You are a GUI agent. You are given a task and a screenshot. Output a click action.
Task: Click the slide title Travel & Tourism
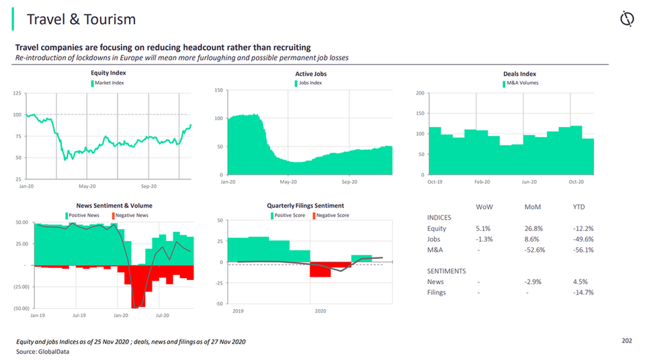click(81, 19)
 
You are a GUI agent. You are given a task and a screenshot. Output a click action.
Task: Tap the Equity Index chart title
click(108, 73)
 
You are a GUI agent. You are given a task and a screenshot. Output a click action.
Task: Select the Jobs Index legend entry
click(310, 83)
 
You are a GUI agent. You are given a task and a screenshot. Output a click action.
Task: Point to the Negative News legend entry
click(132, 215)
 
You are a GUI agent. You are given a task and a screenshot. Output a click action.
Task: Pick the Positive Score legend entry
click(290, 215)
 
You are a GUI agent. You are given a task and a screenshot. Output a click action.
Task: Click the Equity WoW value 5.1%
click(484, 228)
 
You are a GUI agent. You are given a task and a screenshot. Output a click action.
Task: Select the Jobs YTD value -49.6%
click(583, 239)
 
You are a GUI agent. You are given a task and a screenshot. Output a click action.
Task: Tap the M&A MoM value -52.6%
click(534, 250)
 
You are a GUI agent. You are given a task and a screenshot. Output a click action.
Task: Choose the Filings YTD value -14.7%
click(583, 292)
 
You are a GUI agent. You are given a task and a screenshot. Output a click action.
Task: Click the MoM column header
click(533, 207)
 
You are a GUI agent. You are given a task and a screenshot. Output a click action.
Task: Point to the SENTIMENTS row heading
click(447, 271)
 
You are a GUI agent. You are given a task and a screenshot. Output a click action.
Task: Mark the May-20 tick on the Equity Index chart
click(87, 185)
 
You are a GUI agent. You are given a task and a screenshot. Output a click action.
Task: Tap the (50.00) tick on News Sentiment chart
click(20, 308)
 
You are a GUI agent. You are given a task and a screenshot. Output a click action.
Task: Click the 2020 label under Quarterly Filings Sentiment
click(320, 311)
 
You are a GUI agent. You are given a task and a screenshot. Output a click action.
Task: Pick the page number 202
click(626, 341)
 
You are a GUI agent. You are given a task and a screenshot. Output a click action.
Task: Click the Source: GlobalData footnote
click(42, 351)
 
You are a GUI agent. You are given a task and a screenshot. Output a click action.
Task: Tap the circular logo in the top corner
click(626, 19)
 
